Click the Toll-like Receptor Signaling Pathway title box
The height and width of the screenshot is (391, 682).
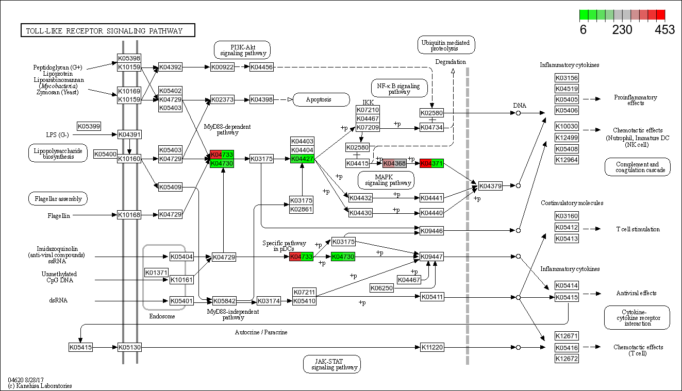click(108, 31)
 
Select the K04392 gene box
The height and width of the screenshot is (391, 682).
click(170, 67)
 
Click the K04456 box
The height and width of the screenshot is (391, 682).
click(261, 67)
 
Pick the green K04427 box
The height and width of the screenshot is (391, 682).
click(302, 159)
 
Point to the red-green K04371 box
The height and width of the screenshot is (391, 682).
click(431, 163)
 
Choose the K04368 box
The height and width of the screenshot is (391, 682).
click(394, 163)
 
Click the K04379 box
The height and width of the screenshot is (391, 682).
click(490, 185)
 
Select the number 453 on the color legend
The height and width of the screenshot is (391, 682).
click(664, 30)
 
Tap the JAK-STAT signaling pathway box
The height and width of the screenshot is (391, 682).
click(331, 364)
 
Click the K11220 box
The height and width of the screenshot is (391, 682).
click(432, 347)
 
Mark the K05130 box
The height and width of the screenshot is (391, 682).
click(129, 347)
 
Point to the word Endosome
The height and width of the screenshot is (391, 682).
click(162, 316)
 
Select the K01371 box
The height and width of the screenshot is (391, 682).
click(156, 272)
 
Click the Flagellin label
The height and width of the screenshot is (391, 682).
click(59, 215)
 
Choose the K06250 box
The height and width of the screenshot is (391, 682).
click(381, 288)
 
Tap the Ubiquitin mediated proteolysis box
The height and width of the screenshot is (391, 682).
click(446, 45)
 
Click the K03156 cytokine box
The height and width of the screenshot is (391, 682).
click(567, 78)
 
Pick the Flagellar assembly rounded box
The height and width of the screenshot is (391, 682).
click(58, 198)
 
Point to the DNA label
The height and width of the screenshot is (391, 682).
click(520, 106)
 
